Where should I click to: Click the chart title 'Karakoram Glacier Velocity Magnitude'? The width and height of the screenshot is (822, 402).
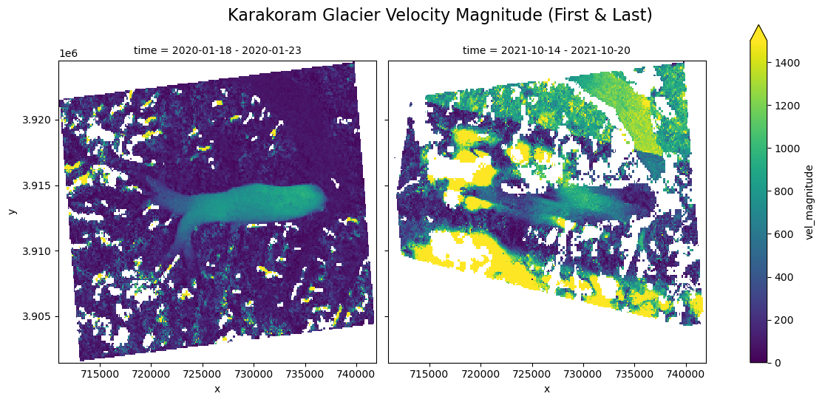440,15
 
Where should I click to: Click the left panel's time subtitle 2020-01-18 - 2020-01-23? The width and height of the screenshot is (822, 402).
217,50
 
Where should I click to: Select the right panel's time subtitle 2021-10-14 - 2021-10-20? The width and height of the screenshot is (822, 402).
546,50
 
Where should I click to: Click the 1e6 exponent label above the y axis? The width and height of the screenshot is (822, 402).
68,54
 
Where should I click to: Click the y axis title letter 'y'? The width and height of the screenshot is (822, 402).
12,211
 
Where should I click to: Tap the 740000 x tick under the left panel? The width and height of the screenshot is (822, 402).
357,375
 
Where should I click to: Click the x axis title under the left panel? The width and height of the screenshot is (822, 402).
217,389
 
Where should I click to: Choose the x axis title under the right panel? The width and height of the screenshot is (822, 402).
546,389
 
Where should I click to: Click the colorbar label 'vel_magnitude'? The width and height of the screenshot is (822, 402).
809,202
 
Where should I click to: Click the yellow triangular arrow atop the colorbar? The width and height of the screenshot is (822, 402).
758,33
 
